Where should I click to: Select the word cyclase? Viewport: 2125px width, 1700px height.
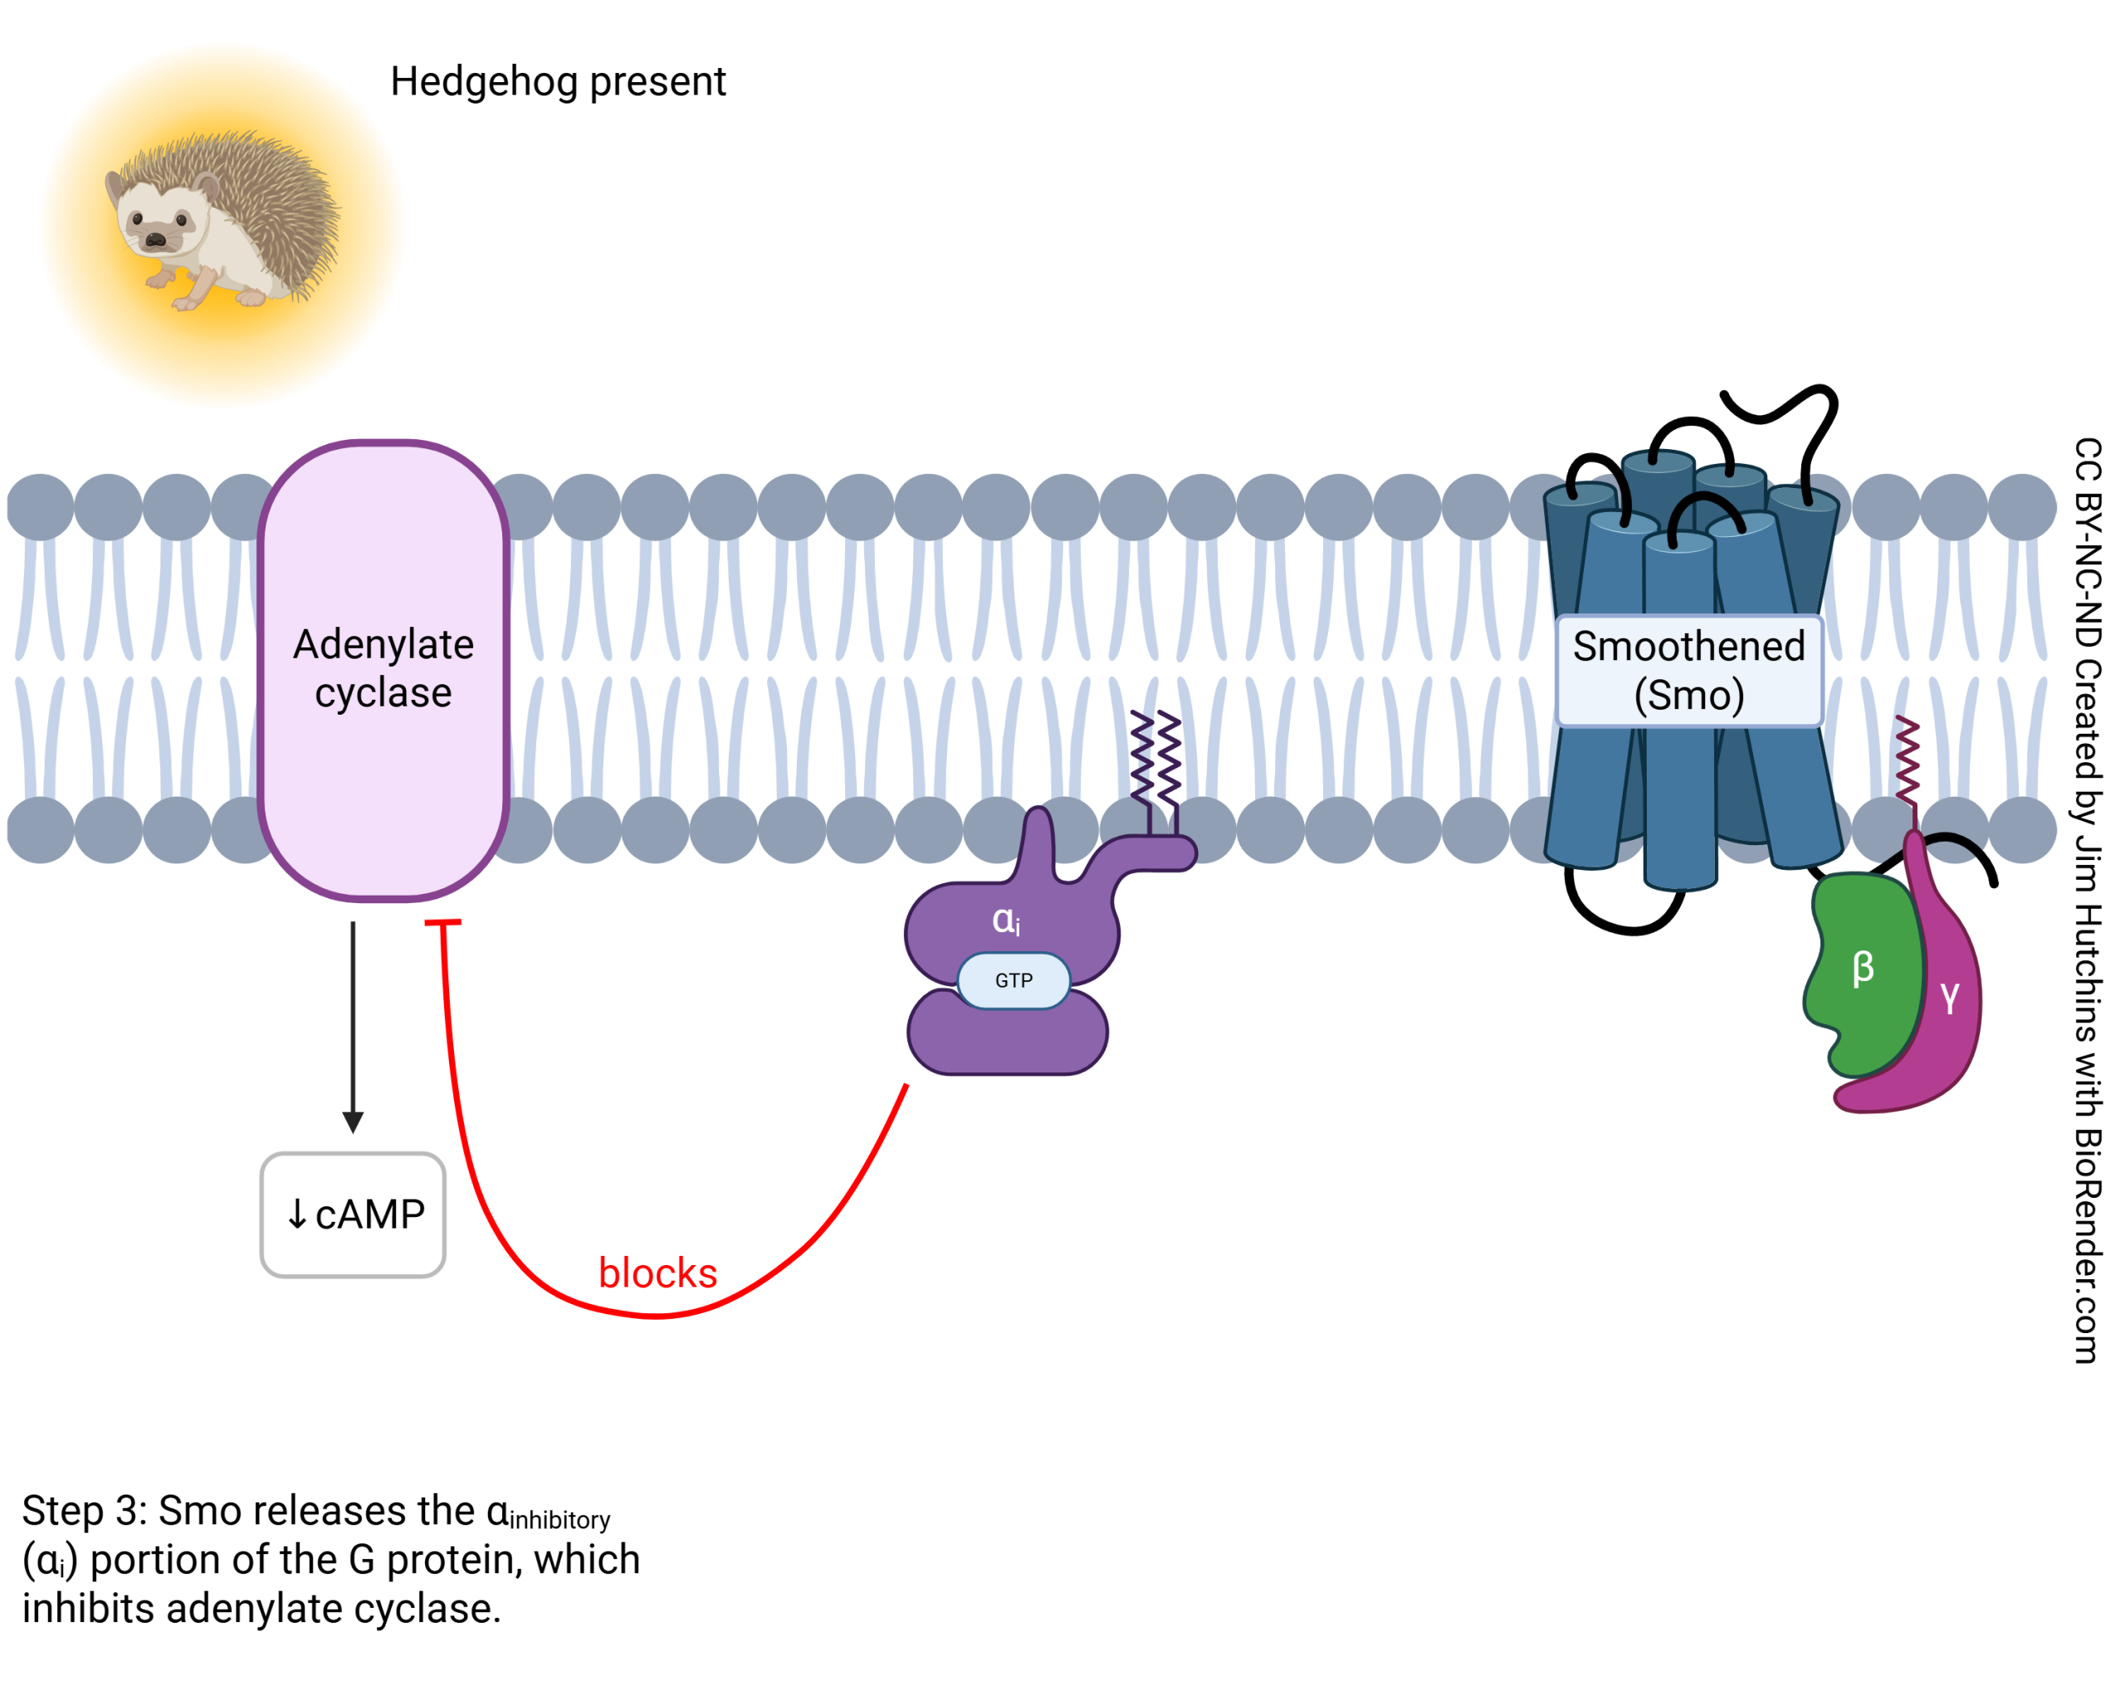(383, 693)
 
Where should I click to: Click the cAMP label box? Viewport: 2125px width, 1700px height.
(353, 1215)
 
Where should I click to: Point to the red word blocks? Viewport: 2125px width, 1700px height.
(657, 1273)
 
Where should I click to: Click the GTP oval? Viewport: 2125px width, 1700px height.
(1014, 980)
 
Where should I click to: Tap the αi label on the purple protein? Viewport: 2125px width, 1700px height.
(1005, 921)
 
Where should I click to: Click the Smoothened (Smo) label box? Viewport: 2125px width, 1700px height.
(1688, 670)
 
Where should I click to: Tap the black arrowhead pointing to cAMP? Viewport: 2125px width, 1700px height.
(353, 1121)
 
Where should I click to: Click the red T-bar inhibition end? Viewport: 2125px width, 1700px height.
(442, 922)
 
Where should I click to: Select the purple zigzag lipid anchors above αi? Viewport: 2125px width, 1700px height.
(1155, 757)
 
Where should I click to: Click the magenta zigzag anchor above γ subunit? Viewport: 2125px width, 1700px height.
(1908, 759)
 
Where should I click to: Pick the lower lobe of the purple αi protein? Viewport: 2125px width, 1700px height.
(1008, 1035)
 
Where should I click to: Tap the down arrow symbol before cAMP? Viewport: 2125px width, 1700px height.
(296, 1215)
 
